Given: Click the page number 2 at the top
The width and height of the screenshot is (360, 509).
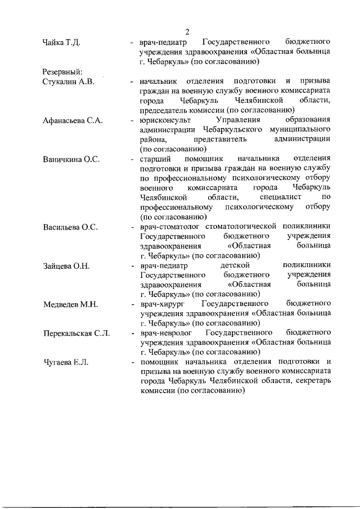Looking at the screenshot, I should click(x=188, y=31).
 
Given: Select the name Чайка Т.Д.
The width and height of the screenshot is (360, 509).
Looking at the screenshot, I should click(x=64, y=42).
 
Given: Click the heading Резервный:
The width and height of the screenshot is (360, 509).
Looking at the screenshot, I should click(x=63, y=71).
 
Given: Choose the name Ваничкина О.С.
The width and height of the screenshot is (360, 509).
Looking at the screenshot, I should click(x=71, y=159).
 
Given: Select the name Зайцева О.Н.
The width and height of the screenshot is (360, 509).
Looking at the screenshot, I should click(x=67, y=266).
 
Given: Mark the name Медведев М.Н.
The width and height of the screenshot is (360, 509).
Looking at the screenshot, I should click(x=71, y=305).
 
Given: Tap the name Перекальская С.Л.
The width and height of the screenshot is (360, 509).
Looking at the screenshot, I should click(x=76, y=334).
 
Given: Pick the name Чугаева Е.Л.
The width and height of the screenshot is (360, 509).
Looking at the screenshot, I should click(x=66, y=363).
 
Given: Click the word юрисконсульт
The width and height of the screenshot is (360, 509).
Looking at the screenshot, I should click(x=165, y=120).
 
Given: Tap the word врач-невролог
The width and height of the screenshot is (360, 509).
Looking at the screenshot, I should click(x=166, y=334).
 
